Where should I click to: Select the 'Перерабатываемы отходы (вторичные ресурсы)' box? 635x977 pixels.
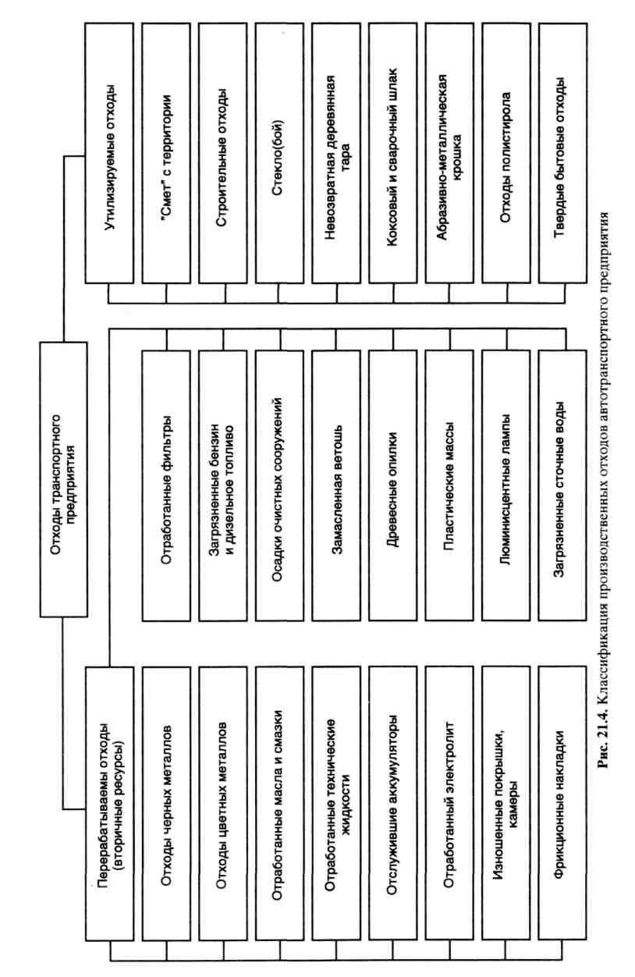click(108, 793)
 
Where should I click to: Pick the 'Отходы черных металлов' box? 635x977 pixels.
click(165, 793)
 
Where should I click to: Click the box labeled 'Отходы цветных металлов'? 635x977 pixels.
click(222, 793)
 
